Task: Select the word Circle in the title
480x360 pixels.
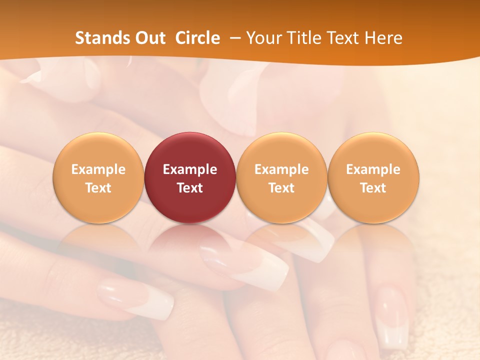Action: pyautogui.click(x=197, y=38)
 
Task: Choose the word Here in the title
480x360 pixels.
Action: pyautogui.click(x=384, y=38)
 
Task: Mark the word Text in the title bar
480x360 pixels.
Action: pyautogui.click(x=344, y=38)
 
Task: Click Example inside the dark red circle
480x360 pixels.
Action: pyautogui.click(x=190, y=169)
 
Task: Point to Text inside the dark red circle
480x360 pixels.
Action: pyautogui.click(x=190, y=188)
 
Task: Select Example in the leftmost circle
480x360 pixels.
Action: pyautogui.click(x=98, y=169)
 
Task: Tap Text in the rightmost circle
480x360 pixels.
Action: pyautogui.click(x=373, y=188)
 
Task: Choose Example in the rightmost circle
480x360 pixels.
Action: pyautogui.click(x=373, y=169)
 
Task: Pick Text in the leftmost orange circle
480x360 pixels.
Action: pyautogui.click(x=98, y=188)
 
